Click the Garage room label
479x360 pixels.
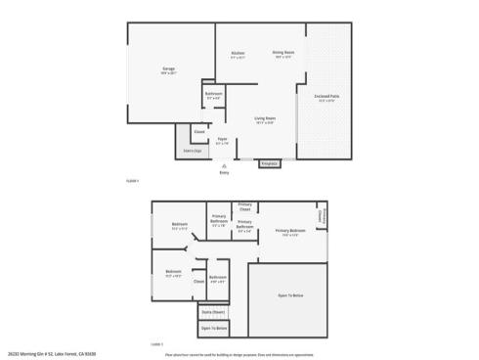[x=168, y=69]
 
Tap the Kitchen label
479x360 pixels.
[x=238, y=53]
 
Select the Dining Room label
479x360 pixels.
[x=283, y=53]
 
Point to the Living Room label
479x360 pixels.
[x=264, y=118]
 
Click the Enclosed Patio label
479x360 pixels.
[x=327, y=96]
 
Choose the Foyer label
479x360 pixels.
[x=222, y=139]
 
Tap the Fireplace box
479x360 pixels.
[x=269, y=163]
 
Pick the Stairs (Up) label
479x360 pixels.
[x=192, y=151]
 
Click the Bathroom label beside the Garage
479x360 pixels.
[x=214, y=93]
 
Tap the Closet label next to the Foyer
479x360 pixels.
[x=198, y=131]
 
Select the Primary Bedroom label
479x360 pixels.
[x=290, y=231]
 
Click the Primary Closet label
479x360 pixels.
[x=244, y=206]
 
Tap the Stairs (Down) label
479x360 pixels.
[x=212, y=312]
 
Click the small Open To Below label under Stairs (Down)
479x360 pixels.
[x=214, y=329]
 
